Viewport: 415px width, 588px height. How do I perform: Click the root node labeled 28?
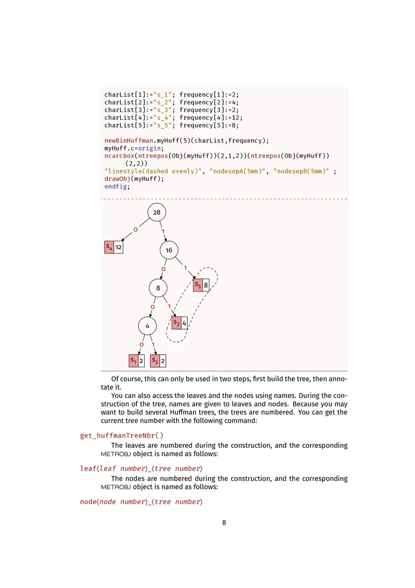tap(157, 212)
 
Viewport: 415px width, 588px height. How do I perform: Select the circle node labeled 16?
tap(169, 250)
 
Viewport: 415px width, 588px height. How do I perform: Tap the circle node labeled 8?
tap(158, 288)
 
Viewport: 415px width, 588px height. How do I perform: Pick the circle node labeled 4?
tap(147, 326)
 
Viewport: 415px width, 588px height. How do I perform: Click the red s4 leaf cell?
tap(109, 247)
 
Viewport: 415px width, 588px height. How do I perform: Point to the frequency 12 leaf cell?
tap(119, 247)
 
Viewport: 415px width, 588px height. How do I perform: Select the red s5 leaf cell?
tap(198, 285)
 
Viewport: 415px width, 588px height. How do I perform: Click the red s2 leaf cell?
tap(176, 323)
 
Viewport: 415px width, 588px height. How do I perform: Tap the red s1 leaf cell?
tap(133, 360)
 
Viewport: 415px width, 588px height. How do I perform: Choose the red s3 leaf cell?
tap(155, 360)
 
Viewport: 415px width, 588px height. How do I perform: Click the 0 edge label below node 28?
tap(135, 229)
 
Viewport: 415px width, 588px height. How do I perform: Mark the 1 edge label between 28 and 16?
tap(163, 231)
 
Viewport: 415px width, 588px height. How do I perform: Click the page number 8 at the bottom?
tap(224, 523)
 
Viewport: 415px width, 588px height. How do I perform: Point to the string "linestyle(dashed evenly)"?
tap(153, 171)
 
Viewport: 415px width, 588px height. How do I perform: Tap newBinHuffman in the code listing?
tap(128, 141)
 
